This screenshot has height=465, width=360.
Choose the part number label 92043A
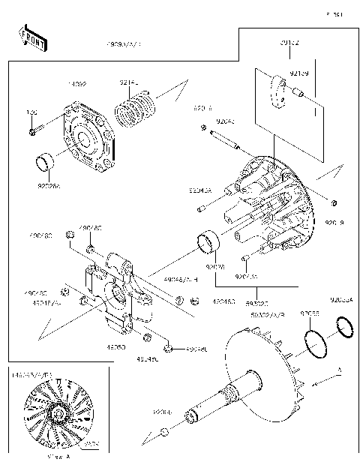pos(200,191)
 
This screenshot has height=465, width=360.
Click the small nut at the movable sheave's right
pos(334,203)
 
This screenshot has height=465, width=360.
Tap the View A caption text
pos(58,455)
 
